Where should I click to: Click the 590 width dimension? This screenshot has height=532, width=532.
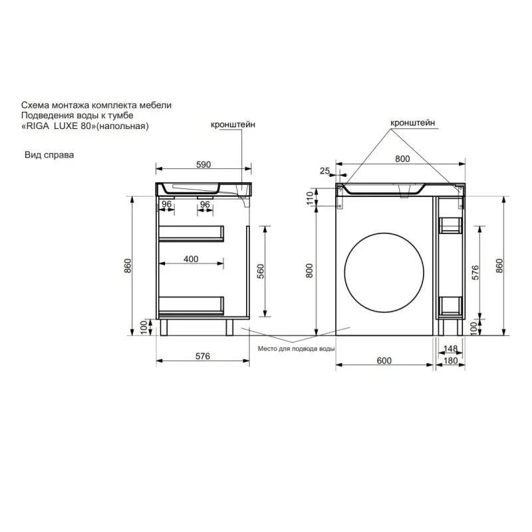(x=203, y=164)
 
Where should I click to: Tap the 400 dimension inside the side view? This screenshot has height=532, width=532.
(x=191, y=259)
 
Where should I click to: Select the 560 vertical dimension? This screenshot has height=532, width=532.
(x=261, y=271)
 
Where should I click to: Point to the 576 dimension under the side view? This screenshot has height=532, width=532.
(x=203, y=356)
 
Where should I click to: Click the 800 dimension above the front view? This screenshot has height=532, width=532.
(x=402, y=159)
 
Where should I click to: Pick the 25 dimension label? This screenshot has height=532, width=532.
(x=325, y=171)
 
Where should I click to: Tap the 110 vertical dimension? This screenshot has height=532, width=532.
(x=310, y=198)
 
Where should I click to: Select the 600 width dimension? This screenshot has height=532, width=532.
(x=384, y=360)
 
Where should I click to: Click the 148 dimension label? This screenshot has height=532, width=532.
(x=451, y=348)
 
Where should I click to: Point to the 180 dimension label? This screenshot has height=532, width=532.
(x=451, y=360)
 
